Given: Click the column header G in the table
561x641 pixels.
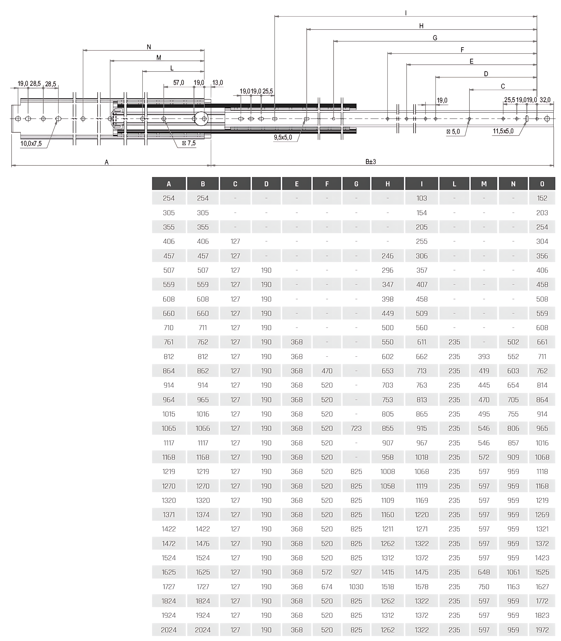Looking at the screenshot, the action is pyautogui.click(x=356, y=184).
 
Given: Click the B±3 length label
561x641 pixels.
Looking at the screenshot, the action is pyautogui.click(x=371, y=162).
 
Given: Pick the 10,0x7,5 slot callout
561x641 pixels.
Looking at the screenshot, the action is pyautogui.click(x=31, y=144).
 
